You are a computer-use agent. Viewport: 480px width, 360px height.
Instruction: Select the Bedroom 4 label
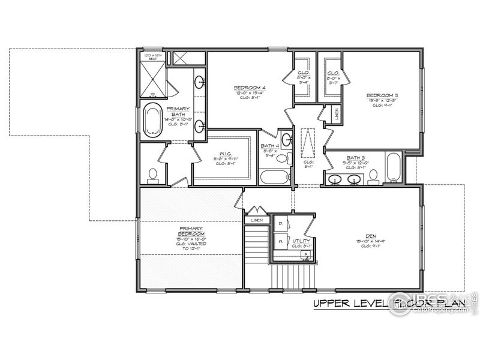250,88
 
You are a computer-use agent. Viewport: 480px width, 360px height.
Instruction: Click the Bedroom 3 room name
382,95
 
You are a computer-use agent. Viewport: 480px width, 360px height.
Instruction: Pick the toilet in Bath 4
288,158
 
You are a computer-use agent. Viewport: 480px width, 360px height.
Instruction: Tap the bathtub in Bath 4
275,177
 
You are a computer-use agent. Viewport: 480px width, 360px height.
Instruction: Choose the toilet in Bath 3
373,175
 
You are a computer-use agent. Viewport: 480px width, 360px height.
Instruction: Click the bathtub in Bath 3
393,167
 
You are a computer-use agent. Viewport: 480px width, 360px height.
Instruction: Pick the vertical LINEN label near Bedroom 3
337,114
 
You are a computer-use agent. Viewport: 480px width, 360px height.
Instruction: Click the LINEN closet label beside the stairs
257,220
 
